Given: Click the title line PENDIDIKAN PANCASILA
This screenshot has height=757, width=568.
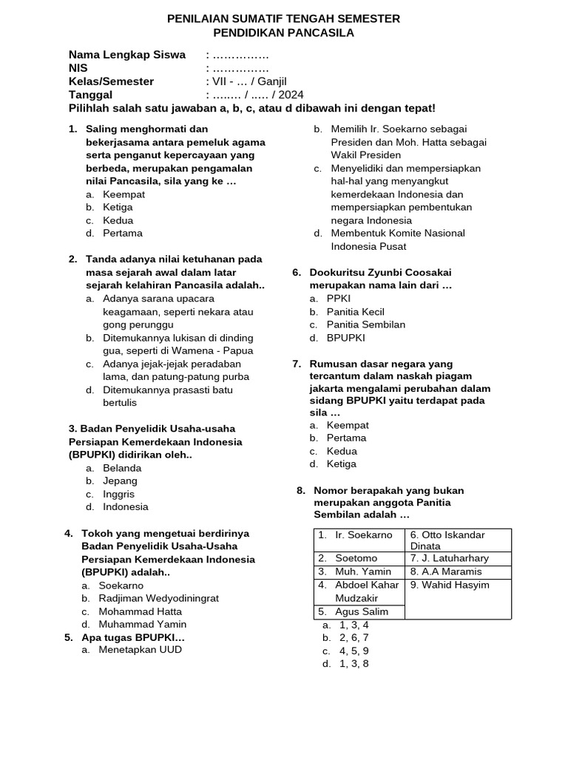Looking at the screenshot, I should coord(283,33).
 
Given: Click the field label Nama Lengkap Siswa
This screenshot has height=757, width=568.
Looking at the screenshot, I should coord(126,55).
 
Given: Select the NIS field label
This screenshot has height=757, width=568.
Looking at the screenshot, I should coord(78,69).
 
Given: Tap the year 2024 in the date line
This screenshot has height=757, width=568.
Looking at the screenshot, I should coord(291,95).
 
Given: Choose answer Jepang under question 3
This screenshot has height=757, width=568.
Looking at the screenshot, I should coord(120,481).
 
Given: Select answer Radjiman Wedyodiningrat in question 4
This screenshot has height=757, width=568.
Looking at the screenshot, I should coord(158,598).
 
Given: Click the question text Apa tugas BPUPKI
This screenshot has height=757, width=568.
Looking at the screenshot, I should coord(133,637).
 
